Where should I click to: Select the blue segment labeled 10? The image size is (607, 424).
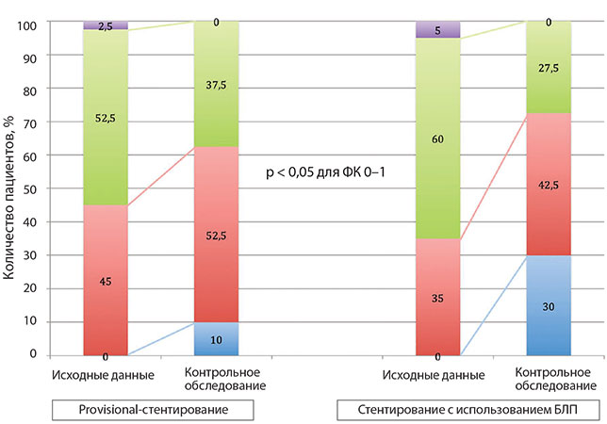(x=216, y=337)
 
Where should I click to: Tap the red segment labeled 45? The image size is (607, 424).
(x=105, y=280)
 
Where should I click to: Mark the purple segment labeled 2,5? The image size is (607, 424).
(x=105, y=25)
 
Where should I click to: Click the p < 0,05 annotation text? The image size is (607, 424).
(x=326, y=173)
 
